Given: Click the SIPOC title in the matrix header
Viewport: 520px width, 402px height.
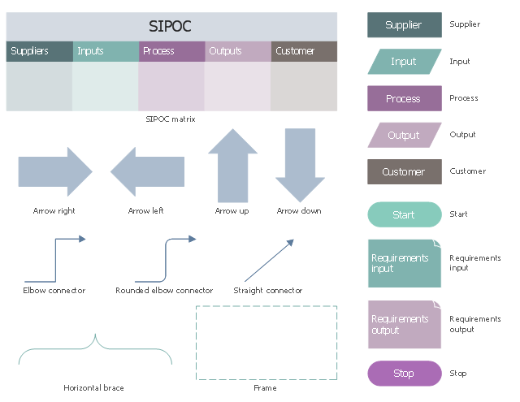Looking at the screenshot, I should click(171, 26).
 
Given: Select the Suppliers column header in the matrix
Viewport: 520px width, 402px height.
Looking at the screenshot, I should click(39, 51).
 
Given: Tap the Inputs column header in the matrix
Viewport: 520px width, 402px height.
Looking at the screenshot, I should click(106, 51).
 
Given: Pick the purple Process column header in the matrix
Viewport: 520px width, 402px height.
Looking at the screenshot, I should click(171, 51).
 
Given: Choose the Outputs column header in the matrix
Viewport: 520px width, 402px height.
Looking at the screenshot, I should click(237, 51).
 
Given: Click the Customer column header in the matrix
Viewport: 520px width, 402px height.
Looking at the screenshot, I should click(304, 51).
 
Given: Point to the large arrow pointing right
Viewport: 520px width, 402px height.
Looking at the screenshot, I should click(55, 171).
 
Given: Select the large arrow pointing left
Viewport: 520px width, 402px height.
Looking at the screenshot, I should click(147, 171).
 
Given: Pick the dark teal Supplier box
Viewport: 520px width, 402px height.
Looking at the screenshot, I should click(404, 24).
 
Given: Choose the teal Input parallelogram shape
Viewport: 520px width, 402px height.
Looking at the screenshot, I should click(404, 62).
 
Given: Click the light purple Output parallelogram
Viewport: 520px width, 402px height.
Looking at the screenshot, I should click(404, 135).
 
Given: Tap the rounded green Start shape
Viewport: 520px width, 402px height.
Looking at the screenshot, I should click(404, 214).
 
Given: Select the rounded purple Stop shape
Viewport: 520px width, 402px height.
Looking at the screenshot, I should click(404, 374).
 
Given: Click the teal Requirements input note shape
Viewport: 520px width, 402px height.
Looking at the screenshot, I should click(404, 263).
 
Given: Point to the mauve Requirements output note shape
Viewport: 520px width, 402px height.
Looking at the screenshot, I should click(404, 324).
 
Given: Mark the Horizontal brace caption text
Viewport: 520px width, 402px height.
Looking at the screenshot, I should click(94, 388).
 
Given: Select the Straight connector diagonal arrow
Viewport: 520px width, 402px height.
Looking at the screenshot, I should click(268, 259).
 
